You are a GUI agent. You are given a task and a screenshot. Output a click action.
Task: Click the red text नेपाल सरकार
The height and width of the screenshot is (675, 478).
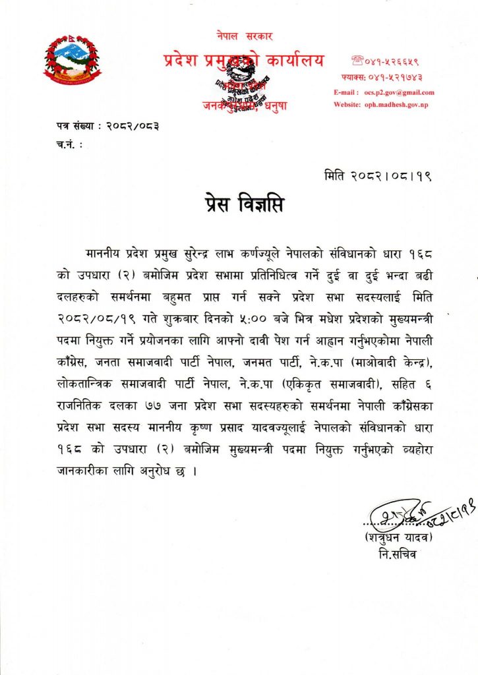click(x=244, y=35)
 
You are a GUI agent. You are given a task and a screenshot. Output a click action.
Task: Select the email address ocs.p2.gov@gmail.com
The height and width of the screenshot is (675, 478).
click(x=399, y=92)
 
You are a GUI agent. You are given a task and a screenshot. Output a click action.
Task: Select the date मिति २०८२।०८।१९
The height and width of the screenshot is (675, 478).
click(x=378, y=176)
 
